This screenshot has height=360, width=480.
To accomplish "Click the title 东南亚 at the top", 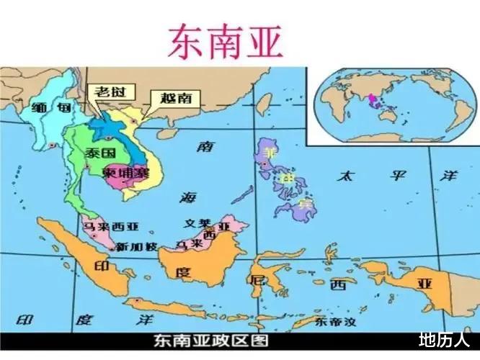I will pos(226,41).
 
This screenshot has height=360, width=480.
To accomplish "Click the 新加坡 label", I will pos(136,246).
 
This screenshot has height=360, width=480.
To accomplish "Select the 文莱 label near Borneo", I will pos(197,224).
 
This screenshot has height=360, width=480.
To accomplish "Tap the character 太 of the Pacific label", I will pos(346,175).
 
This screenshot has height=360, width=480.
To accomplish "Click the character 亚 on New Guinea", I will pos(422,283).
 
